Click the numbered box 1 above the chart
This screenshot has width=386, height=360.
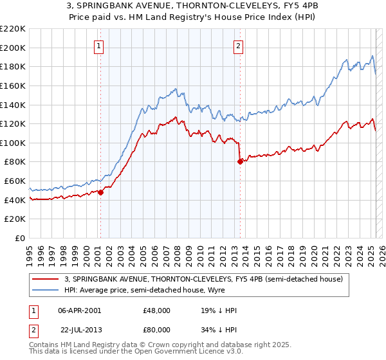coord(99,45)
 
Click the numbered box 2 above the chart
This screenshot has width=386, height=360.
coord(238,45)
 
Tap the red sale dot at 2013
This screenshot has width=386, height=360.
coord(240,162)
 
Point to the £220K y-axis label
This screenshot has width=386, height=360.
coord(13,29)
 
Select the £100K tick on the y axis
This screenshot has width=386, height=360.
coord(13,143)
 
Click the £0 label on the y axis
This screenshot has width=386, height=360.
coord(20,238)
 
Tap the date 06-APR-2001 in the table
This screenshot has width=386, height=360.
coord(80,310)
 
